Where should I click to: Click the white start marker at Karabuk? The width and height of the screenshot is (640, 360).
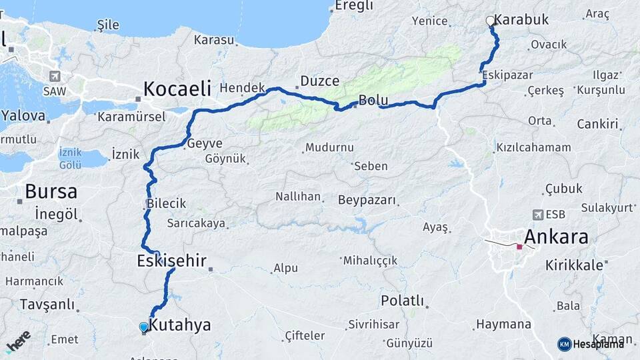click(491, 21)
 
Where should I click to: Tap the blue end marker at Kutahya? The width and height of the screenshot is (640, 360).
click(143, 327)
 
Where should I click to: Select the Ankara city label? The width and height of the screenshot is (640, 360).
click(556, 237)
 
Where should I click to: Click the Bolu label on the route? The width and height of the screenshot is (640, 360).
click(373, 101)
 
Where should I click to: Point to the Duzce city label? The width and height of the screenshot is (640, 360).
click(319, 81)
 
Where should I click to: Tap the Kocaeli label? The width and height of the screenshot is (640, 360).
click(177, 88)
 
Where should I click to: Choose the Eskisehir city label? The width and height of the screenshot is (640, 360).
click(171, 260)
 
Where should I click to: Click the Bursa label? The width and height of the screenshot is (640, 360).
click(51, 192)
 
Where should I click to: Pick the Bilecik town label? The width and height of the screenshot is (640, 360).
click(166, 203)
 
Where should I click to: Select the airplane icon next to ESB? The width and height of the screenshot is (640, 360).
click(538, 215)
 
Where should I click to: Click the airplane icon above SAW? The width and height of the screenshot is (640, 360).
click(54, 76)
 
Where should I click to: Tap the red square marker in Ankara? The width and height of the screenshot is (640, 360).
click(519, 247)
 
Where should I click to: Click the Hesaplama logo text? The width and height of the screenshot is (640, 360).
click(598, 344)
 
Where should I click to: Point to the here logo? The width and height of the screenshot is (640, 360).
click(18, 341)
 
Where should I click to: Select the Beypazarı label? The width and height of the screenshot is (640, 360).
click(367, 200)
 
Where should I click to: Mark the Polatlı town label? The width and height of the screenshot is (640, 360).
click(402, 301)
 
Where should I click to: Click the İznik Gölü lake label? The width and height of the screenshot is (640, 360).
click(70, 159)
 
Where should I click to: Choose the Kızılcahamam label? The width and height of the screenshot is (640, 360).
click(533, 147)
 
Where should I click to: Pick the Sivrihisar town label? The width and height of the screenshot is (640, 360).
click(373, 325)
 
